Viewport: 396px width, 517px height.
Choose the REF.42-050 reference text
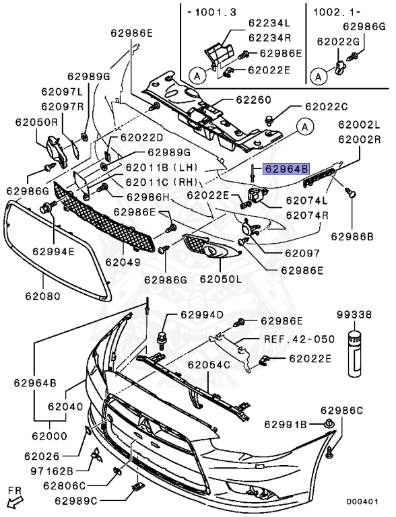coord(298,339)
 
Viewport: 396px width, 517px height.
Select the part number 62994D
coord(202,315)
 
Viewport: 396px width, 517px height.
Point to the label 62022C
coord(326,106)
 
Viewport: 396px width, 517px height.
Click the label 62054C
coord(209,365)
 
